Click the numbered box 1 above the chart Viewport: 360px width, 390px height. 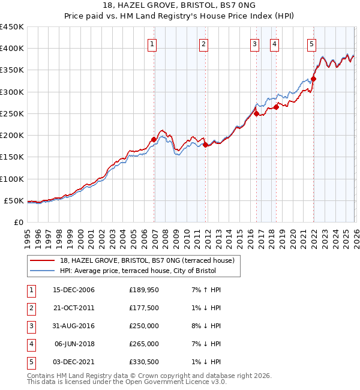click(152, 44)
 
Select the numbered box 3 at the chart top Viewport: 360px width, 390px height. click(254, 44)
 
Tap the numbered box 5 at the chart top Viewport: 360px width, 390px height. click(312, 44)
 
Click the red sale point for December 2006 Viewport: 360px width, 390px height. click(154, 139)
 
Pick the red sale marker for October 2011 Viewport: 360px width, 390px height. click(205, 145)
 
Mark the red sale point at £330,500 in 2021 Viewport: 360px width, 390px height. click(313, 79)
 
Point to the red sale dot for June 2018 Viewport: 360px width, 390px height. click(277, 107)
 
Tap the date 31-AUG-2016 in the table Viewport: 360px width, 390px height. click(74, 326)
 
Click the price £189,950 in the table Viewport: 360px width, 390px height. click(144, 290)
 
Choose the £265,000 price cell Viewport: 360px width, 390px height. click(144, 344)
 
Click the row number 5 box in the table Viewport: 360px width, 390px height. click(31, 362)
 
